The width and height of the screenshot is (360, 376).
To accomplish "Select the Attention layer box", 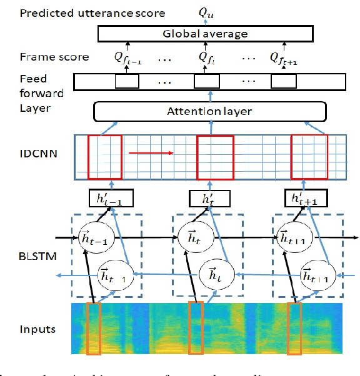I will tap(210, 112).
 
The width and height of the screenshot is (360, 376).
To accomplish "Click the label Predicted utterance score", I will tap(84, 12).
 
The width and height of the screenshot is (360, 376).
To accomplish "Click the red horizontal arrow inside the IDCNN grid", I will tap(150, 152).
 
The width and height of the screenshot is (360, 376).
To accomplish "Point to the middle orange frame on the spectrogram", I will tap(196, 329).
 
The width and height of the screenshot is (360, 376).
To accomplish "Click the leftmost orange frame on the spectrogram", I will tap(94, 329).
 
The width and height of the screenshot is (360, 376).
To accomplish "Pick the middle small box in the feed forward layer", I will tap(206, 82).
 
